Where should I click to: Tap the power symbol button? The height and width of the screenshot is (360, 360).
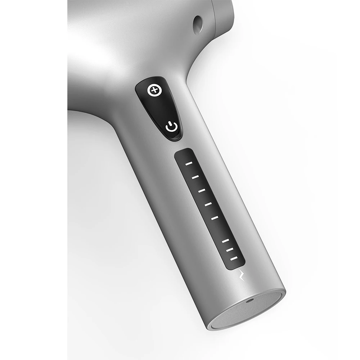171,127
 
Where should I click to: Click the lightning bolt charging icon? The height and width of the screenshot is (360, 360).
242,275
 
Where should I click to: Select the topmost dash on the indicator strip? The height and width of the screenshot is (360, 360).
189,163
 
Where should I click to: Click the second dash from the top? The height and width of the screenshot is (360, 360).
195,177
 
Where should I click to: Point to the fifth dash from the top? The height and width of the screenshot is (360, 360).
215,217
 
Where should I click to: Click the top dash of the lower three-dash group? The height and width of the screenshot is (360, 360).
225,240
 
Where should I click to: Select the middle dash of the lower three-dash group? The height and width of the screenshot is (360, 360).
230,249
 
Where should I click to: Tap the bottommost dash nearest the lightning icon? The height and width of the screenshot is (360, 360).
234,258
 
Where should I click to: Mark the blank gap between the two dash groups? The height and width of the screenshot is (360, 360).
220,229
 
